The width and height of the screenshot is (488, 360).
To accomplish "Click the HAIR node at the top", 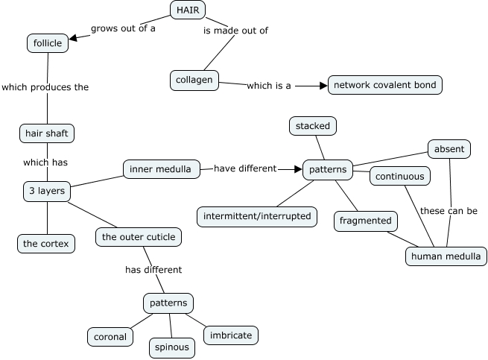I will (x=188, y=10).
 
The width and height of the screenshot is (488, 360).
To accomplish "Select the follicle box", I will (x=48, y=43).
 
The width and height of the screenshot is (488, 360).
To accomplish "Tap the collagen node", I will (x=194, y=80).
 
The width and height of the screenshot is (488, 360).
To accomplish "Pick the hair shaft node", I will (x=47, y=133).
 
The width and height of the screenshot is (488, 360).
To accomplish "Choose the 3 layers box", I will (x=47, y=191).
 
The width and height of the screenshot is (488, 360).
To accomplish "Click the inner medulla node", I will (x=160, y=169).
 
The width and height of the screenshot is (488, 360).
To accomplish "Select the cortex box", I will (x=46, y=244).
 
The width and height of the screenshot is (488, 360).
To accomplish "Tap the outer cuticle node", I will (x=139, y=238).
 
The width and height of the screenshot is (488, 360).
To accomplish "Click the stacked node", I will (x=312, y=126).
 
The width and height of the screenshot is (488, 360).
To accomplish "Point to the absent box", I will (x=449, y=149).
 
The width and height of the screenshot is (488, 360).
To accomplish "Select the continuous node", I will (x=400, y=177).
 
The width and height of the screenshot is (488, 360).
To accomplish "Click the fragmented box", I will (x=365, y=221).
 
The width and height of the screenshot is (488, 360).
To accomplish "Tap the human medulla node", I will (x=446, y=256).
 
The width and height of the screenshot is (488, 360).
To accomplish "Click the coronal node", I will (x=110, y=336).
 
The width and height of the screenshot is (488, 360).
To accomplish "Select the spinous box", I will (x=172, y=347).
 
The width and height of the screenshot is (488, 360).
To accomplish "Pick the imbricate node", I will (x=231, y=335).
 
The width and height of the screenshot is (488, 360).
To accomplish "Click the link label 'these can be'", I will (x=449, y=211).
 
